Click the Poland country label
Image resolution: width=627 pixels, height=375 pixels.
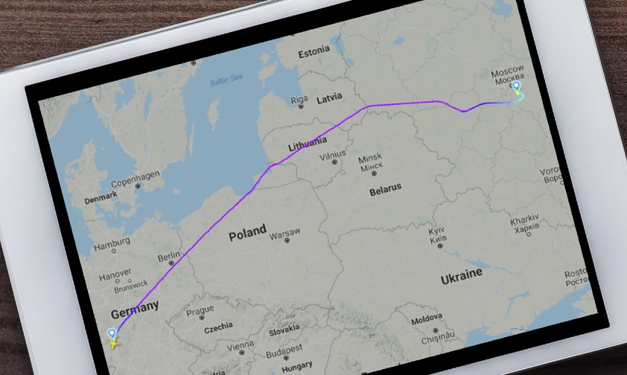[x=247, y=233]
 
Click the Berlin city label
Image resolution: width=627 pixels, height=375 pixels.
[x=169, y=257]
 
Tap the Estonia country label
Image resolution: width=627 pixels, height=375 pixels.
[x=313, y=54]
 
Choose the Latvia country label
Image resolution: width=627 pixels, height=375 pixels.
[x=329, y=97]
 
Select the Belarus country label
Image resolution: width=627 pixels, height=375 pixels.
[x=385, y=189]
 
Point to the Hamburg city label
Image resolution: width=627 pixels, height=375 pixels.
[x=110, y=246]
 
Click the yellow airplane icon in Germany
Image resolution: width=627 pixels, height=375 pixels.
[x=113, y=343]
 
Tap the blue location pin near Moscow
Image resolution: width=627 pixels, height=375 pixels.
[x=516, y=87]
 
